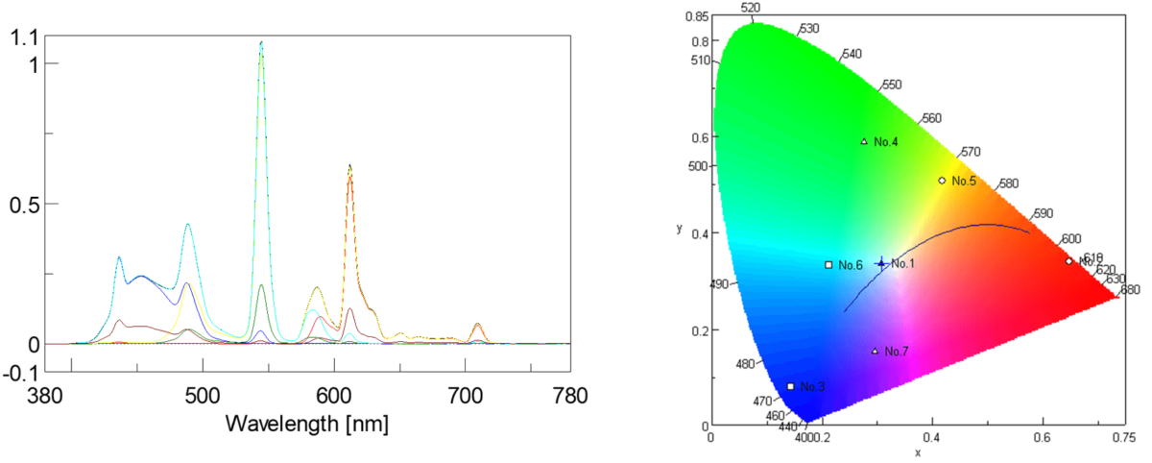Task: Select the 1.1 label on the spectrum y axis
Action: point(21,37)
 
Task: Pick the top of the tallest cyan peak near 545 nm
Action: point(261,42)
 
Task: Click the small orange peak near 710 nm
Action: point(478,325)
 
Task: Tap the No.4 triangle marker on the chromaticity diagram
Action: point(864,142)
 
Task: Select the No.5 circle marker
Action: point(942,181)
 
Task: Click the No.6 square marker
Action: point(828,265)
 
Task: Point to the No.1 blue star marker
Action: point(880,263)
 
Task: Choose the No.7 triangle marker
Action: point(875,352)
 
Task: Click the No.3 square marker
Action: point(791,386)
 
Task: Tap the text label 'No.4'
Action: point(886,142)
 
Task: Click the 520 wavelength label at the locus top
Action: point(752,8)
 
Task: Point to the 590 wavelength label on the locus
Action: point(1043,214)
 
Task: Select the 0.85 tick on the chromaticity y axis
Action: point(697,17)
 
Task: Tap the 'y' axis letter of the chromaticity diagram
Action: point(679,229)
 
